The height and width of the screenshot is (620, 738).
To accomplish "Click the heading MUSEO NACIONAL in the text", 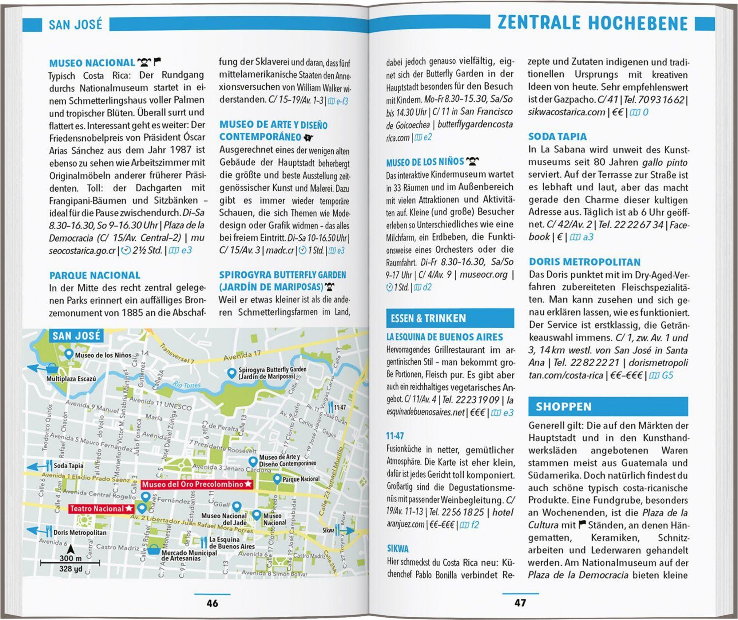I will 92,63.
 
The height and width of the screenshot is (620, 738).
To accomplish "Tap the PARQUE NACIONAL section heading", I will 95,275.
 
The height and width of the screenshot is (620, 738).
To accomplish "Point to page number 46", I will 212,603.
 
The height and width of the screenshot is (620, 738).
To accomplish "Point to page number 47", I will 520,603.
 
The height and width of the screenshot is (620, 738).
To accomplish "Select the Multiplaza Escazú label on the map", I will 71,379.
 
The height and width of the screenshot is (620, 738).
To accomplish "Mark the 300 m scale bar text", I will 70,558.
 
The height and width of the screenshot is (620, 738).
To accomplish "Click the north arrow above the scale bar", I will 70,549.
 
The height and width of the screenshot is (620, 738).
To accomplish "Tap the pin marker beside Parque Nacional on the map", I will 277,479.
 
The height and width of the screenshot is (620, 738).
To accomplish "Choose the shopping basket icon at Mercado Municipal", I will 154,549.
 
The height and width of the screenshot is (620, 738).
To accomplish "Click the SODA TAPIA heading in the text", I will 557,136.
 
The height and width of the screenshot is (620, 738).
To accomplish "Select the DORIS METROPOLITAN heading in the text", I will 585,262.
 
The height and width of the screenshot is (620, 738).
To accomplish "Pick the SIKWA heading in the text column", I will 398,549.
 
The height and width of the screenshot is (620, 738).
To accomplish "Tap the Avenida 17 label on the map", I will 242,356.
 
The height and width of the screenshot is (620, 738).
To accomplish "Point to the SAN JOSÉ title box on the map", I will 76,336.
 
